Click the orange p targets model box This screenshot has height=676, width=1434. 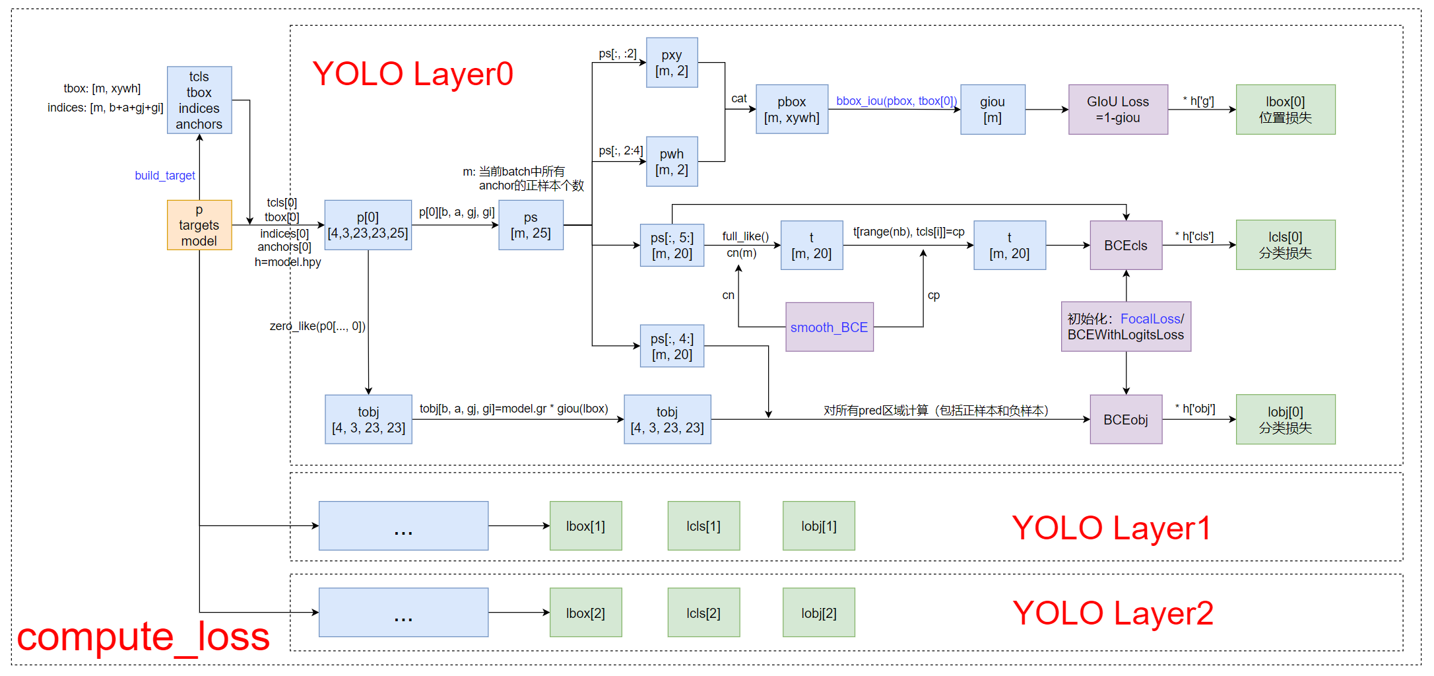(199, 225)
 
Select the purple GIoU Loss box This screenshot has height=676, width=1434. (1118, 110)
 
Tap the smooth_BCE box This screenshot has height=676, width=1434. (829, 327)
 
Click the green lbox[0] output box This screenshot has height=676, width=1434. (1285, 110)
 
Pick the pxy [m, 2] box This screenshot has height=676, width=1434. (672, 63)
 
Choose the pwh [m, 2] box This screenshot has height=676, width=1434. (672, 162)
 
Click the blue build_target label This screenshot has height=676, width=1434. (165, 176)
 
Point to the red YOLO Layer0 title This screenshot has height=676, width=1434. (412, 74)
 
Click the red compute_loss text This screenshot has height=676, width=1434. (143, 637)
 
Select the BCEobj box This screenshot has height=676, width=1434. (1126, 420)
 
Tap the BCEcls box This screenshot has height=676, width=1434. (1126, 246)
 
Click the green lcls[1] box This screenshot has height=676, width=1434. (703, 526)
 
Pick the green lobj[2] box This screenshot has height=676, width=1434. (818, 613)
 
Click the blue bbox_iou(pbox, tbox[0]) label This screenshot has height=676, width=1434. (896, 101)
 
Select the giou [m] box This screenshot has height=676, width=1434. (993, 110)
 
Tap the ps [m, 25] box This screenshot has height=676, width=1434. (531, 225)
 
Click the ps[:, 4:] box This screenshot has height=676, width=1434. (672, 347)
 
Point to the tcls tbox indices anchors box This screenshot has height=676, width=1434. (199, 100)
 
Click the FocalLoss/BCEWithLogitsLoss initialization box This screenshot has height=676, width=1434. (1126, 327)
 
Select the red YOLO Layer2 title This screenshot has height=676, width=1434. (1113, 613)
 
